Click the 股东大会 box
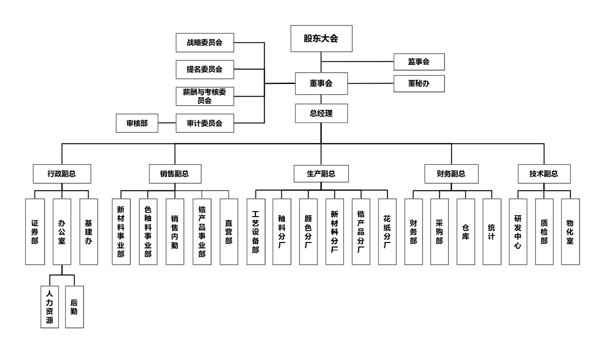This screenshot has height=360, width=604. (x=321, y=38)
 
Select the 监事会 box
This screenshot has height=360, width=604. (x=418, y=62)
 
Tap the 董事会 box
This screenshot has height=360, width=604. (x=321, y=84)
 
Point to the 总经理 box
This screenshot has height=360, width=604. (x=321, y=113)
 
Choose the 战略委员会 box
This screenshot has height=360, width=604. (x=205, y=43)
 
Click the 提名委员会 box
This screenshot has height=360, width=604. (x=205, y=69)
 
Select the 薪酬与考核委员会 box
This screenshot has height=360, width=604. (x=205, y=96)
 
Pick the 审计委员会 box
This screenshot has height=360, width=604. (x=205, y=123)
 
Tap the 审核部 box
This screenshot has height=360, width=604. (x=137, y=123)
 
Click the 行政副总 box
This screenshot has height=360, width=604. (x=62, y=173)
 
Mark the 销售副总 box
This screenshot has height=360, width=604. (x=175, y=173)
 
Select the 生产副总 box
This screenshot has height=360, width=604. (x=321, y=173)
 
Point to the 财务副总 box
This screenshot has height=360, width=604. (x=451, y=173)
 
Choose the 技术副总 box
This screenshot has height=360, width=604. (x=544, y=173)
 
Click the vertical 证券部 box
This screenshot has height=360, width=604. (x=35, y=232)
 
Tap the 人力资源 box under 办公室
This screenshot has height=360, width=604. (x=49, y=306)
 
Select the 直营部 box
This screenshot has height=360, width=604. (x=228, y=232)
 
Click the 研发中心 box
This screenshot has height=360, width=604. (x=518, y=232)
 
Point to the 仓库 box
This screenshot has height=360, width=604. (x=466, y=232)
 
